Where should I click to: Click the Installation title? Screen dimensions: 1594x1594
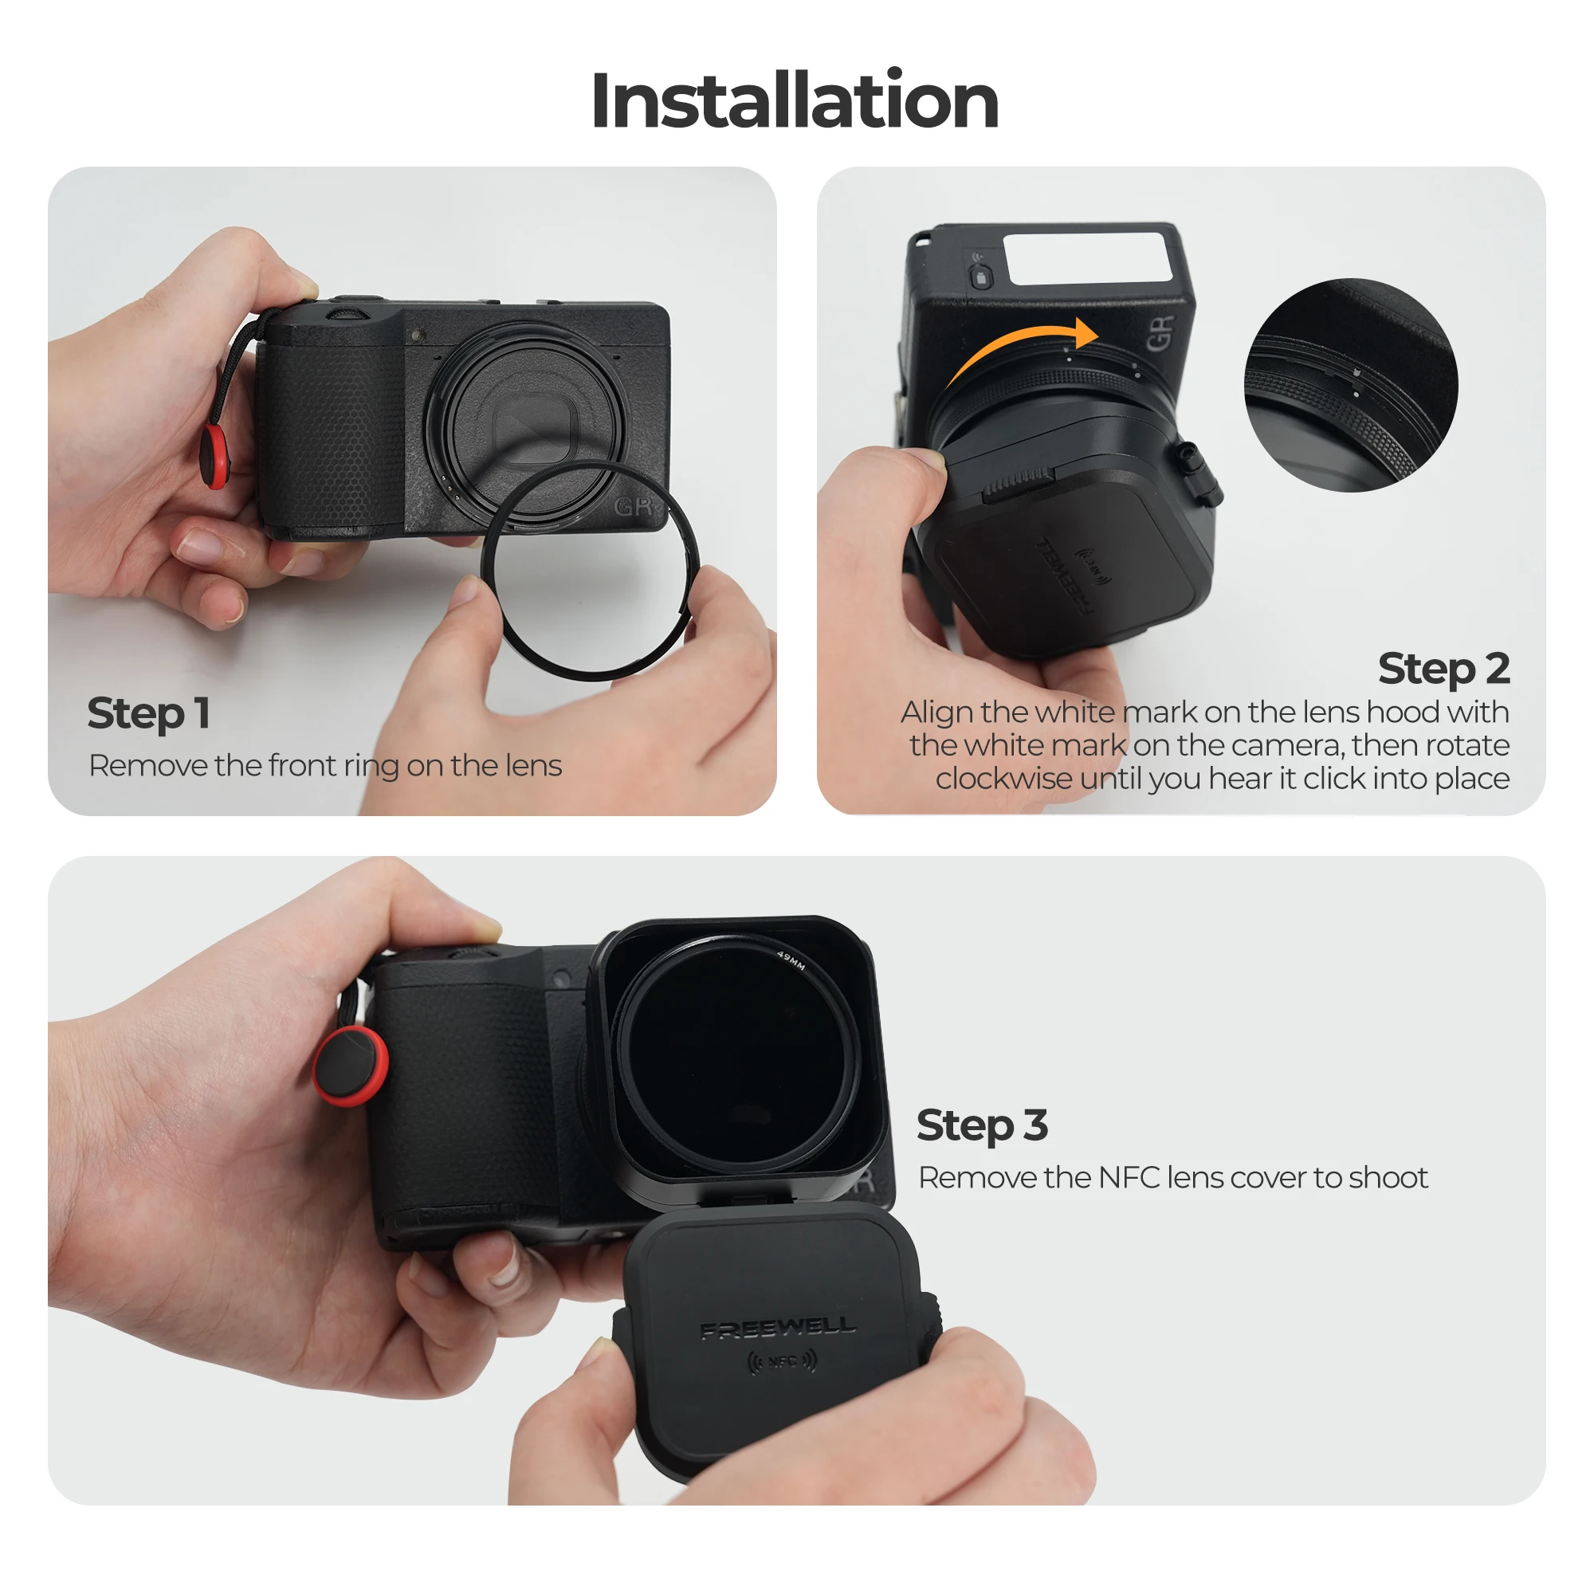pyautogui.click(x=795, y=100)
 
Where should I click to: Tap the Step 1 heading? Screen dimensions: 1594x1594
pyautogui.click(x=148, y=713)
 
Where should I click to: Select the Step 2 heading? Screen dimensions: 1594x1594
pyautogui.click(x=1443, y=669)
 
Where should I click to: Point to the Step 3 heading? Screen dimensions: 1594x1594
pyautogui.click(x=982, y=1125)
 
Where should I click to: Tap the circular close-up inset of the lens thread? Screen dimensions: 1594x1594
pyautogui.click(x=1351, y=385)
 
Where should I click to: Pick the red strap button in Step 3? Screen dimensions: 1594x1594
pyautogui.click(x=351, y=1065)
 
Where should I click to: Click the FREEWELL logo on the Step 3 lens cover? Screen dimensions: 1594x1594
pyautogui.click(x=778, y=1328)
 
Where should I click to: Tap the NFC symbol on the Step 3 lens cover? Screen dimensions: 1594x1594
pyautogui.click(x=782, y=1361)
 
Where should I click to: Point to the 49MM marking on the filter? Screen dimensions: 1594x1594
pyautogui.click(x=791, y=960)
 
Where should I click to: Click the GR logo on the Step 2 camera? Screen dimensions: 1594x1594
pyautogui.click(x=1159, y=332)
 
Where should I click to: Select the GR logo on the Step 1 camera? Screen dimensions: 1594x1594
pyautogui.click(x=634, y=506)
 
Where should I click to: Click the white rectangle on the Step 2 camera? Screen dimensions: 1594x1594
pyautogui.click(x=1087, y=258)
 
